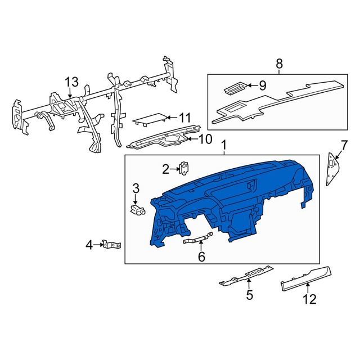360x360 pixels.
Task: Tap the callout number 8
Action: pyautogui.click(x=279, y=64)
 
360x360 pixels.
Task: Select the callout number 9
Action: pyautogui.click(x=262, y=85)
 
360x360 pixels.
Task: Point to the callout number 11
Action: pyautogui.click(x=185, y=118)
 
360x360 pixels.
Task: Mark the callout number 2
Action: pyautogui.click(x=166, y=168)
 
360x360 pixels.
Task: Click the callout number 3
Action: pyautogui.click(x=136, y=188)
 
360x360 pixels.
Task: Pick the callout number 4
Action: pyautogui.click(x=89, y=245)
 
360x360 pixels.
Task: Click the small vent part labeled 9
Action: pyautogui.click(x=232, y=88)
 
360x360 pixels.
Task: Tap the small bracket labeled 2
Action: pyautogui.click(x=183, y=167)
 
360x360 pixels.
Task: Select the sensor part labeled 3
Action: pyautogui.click(x=137, y=209)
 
